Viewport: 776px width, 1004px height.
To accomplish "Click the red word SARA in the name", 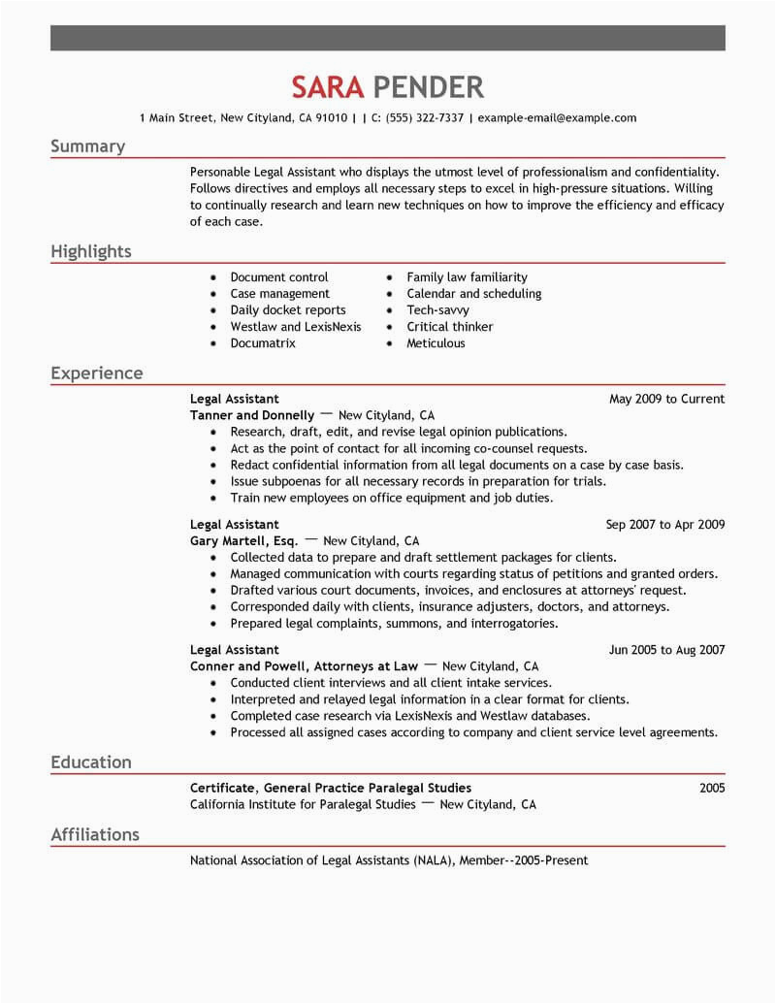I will (327, 87).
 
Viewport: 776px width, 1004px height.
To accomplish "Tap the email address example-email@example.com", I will (557, 118).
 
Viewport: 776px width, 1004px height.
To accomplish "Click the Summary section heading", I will (88, 146).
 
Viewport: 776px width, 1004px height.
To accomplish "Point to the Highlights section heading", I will (91, 252).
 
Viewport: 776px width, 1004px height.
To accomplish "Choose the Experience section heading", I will (97, 373).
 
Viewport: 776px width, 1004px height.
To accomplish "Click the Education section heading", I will (91, 762).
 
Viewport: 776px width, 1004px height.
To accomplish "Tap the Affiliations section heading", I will (95, 835).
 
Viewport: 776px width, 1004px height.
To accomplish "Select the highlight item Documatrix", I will (263, 343).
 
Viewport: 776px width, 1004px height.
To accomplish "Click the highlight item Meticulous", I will (436, 343).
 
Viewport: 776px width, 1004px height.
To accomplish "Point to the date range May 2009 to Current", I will (666, 399).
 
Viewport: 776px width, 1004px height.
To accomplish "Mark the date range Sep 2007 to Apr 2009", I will (665, 525).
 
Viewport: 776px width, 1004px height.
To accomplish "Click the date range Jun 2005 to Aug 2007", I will (666, 650).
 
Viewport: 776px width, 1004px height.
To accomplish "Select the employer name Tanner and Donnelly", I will (252, 415).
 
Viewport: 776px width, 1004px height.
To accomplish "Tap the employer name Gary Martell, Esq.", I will (244, 541).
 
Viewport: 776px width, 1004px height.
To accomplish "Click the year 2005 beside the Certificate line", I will (711, 789).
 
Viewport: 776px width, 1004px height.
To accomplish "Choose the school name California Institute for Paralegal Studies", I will (303, 805).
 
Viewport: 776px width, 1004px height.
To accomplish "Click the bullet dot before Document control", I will (212, 278).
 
